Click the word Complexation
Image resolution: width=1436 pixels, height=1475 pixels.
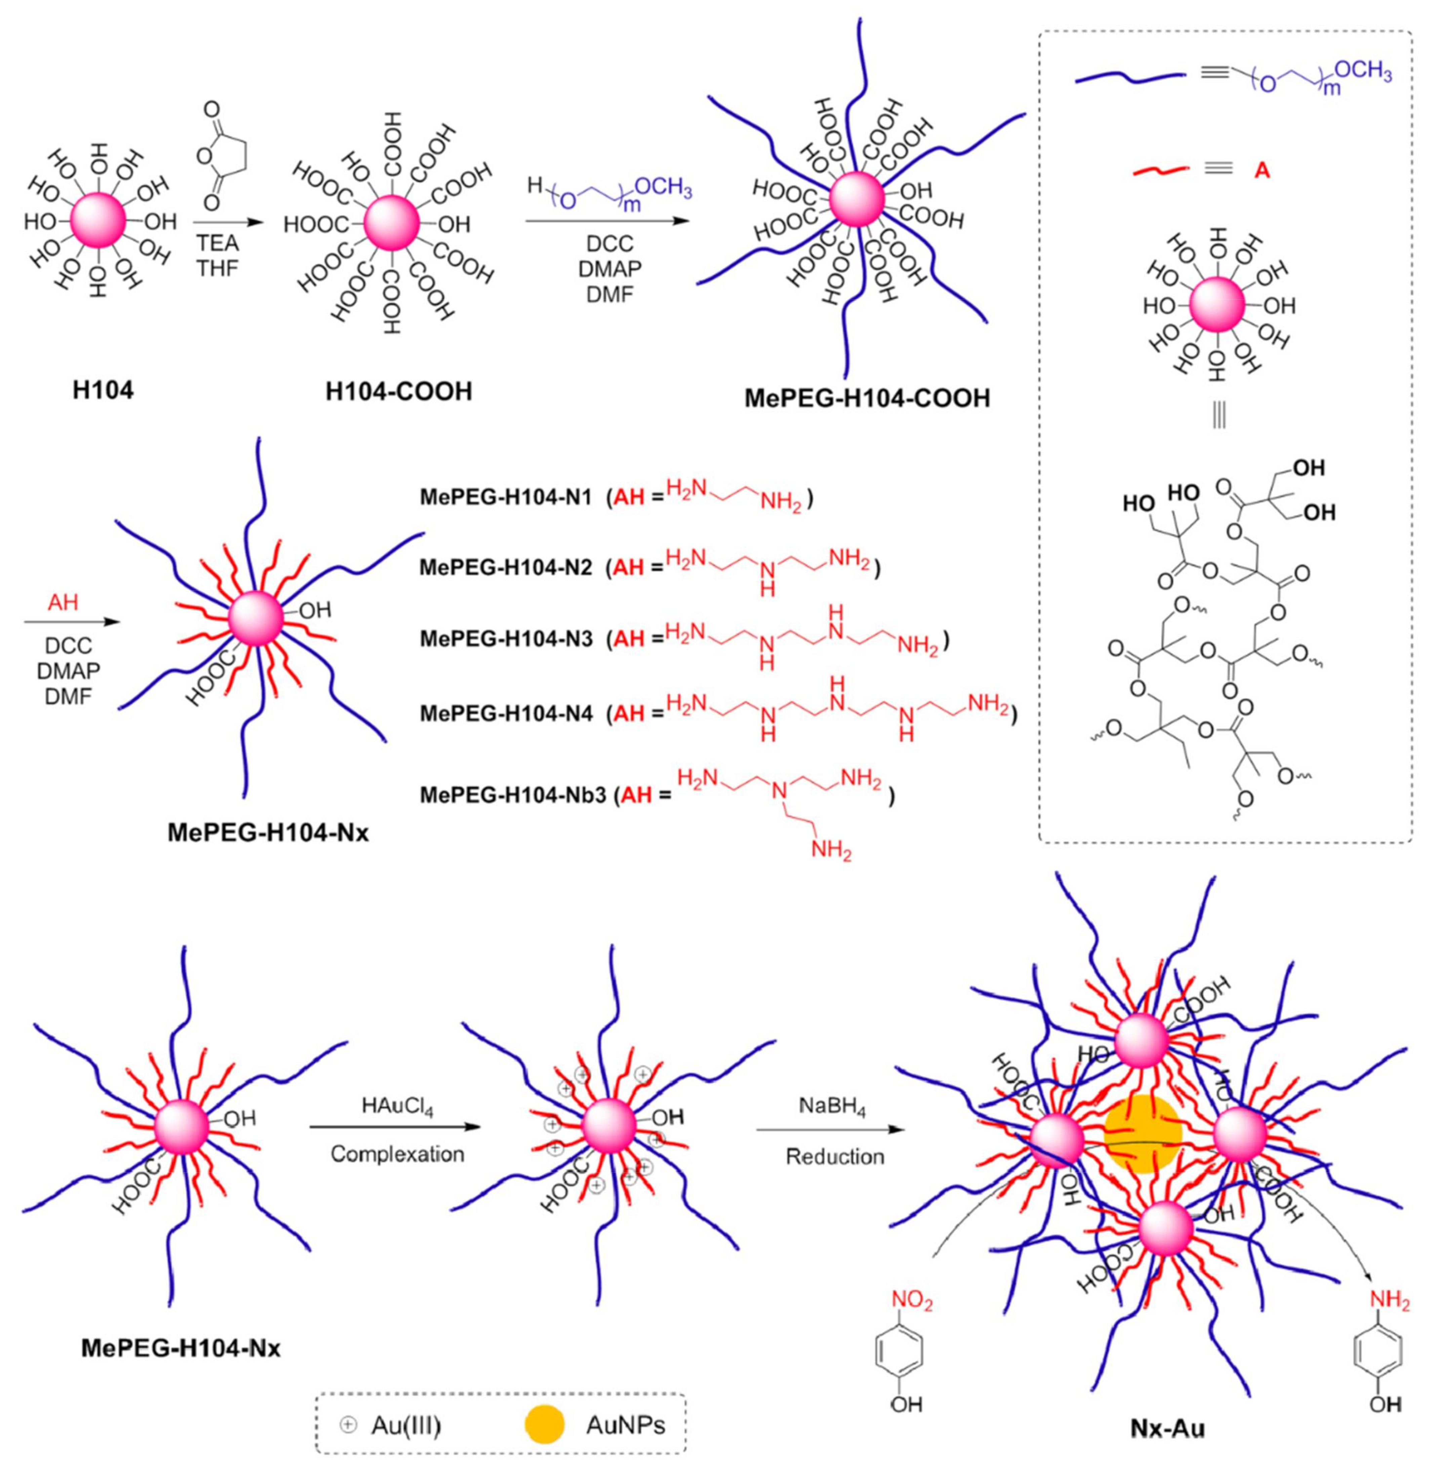397,1154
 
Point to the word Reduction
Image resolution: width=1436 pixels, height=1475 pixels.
835,1156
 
